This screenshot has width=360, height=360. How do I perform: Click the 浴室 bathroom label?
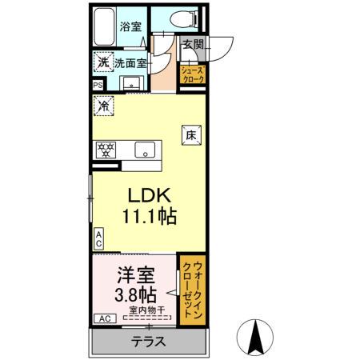(130, 26)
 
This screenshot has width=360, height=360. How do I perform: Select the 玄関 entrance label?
(192, 45)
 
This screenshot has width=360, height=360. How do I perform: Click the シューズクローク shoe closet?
(196, 75)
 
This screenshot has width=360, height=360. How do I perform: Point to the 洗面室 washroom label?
(130, 62)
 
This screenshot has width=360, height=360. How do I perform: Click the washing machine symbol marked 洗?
(102, 62)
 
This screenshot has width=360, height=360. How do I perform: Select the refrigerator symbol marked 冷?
(102, 104)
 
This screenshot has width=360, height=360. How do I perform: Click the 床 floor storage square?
(192, 137)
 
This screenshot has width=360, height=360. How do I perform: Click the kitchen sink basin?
(145, 149)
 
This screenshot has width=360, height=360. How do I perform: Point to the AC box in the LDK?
(98, 238)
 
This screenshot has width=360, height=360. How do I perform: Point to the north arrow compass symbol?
(257, 336)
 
